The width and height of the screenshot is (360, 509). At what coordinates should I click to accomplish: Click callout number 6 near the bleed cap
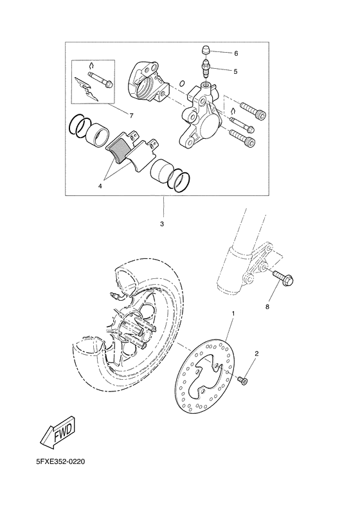point(236,53)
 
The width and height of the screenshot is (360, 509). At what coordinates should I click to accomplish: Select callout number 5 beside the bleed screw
point(236,71)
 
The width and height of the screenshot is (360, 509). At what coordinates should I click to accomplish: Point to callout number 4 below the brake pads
point(100,186)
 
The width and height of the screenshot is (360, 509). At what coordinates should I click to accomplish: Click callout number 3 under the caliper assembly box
point(162,224)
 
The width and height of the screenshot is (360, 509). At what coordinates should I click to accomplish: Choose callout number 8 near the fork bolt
point(267,307)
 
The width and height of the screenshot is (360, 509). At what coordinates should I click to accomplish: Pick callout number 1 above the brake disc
point(233,314)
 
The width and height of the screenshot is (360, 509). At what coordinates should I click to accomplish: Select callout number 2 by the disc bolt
point(256,354)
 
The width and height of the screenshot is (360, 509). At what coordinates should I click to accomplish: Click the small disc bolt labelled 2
point(243,381)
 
